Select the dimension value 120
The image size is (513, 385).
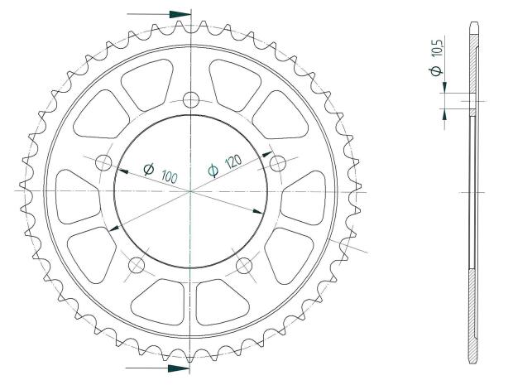tap(234, 163)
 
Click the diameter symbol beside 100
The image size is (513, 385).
tap(150, 169)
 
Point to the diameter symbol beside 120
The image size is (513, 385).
tap(213, 171)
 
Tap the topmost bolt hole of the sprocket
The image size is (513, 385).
tap(191, 100)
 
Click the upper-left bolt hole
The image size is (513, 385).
tap(104, 161)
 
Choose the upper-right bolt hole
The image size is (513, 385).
tap(277, 161)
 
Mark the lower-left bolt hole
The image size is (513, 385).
tap(137, 265)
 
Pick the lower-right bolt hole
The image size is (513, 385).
tap(245, 265)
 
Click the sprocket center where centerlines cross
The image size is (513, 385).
tap(191, 191)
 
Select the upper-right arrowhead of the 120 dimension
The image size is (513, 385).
tap(266, 153)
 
